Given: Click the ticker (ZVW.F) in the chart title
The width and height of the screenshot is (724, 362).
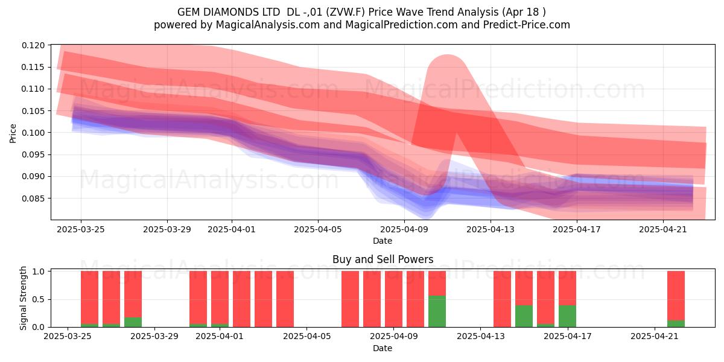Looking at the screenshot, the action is pos(346,12).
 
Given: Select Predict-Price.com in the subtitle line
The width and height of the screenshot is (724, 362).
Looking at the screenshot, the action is pos(527,25).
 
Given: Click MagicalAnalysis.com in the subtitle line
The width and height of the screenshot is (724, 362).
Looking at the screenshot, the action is pos(268,25).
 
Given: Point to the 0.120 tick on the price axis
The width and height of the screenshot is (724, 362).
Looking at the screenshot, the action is pos(33,45).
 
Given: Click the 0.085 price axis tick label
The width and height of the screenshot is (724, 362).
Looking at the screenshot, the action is pos(33,198).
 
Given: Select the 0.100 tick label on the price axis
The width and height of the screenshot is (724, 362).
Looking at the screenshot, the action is pos(33,133).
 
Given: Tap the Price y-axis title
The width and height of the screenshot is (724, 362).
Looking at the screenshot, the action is pos(13,133).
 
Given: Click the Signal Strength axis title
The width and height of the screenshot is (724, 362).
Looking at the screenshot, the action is pos(23,298).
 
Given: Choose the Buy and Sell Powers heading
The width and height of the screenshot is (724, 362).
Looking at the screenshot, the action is pos(383,259).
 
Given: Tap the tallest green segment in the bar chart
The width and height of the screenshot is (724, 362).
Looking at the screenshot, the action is pos(437,311).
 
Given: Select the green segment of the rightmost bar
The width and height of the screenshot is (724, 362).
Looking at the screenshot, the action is pos(676,323).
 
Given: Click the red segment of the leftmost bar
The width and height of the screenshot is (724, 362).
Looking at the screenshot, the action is pos(89,297).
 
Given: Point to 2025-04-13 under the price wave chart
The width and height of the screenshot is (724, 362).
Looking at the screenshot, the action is pos(491,229).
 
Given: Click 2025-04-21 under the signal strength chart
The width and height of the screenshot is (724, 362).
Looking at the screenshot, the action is pos(655,336).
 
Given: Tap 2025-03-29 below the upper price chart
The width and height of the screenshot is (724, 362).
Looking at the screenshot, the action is pos(167,229).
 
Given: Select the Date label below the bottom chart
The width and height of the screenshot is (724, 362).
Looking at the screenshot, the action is pos(383,348).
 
